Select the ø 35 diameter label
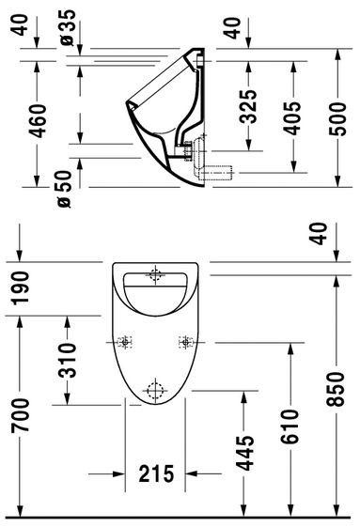[67, 28]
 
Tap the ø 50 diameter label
[67, 189]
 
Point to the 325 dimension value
[247, 111]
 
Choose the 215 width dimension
[155, 475]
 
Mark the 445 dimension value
[246, 454]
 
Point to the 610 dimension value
[290, 427]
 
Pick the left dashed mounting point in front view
[126, 341]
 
